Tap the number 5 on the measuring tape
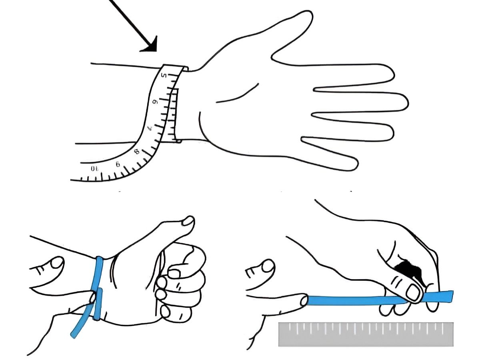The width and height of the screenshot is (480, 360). (x=164, y=76)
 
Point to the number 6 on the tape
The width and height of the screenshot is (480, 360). (x=156, y=102)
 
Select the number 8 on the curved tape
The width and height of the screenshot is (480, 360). (x=137, y=152)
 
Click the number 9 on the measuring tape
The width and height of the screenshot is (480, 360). (x=118, y=164)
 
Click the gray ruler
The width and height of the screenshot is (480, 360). (x=366, y=334)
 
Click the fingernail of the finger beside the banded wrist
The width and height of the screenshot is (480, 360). (x=56, y=262)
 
